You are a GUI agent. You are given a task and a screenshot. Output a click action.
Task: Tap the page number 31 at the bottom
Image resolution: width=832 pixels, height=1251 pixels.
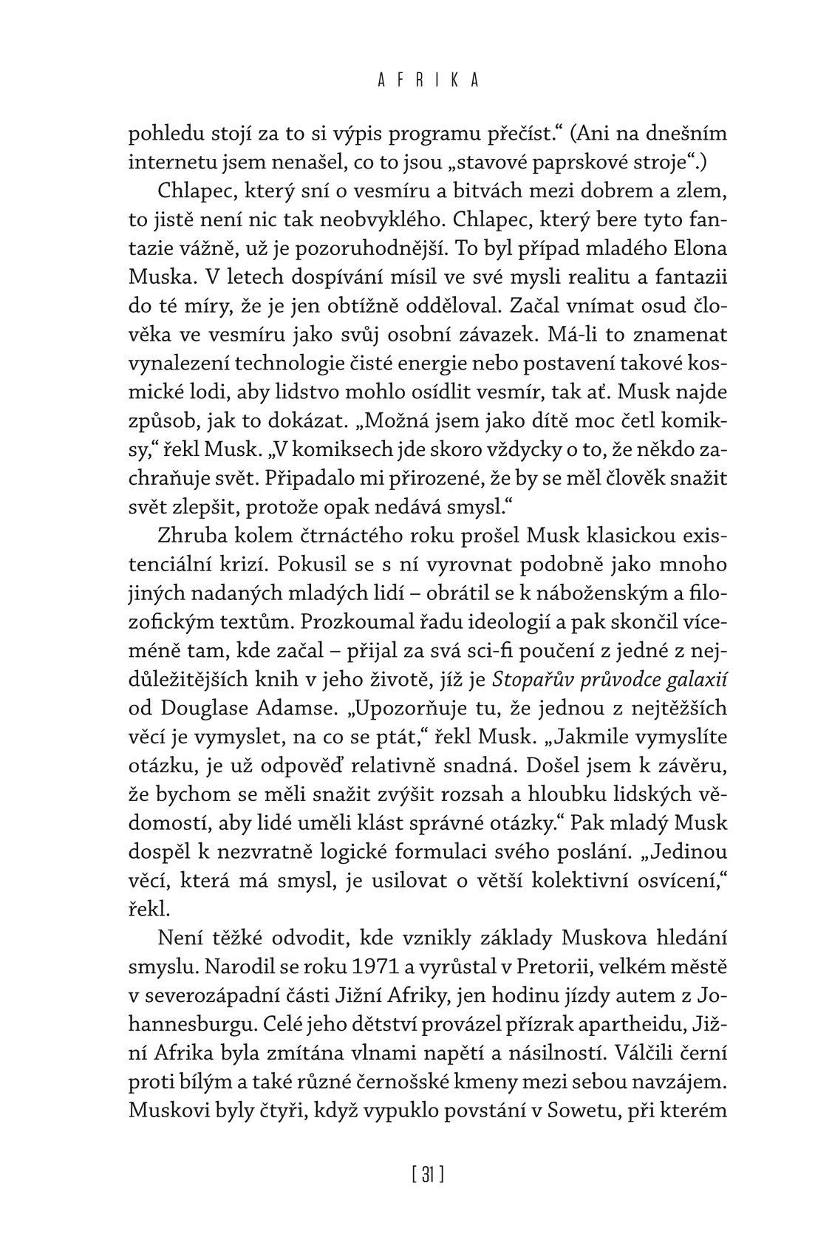point(428,1173)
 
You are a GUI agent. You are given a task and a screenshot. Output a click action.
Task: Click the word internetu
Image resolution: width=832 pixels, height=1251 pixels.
point(166,161)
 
